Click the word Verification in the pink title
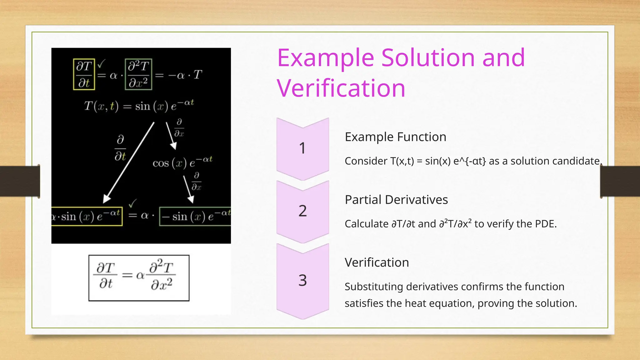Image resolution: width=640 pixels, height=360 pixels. [341, 88]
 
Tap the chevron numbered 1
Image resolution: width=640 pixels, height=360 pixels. [302, 148]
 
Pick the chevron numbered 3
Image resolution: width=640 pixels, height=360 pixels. [302, 280]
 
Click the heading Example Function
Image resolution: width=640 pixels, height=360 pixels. [395, 137]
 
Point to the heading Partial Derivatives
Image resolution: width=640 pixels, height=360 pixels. [396, 200]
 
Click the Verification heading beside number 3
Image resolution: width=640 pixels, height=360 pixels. [377, 262]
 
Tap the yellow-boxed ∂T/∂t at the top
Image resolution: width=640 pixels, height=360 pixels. [84, 74]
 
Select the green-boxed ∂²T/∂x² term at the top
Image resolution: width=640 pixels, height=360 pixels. [138, 74]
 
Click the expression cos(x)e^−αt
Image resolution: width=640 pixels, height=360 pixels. [182, 162]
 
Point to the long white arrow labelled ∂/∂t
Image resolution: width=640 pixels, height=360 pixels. [129, 162]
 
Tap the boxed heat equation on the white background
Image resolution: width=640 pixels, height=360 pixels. [139, 278]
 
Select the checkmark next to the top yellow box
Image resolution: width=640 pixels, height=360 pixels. [101, 64]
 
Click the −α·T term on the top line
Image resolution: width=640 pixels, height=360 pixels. [185, 75]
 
